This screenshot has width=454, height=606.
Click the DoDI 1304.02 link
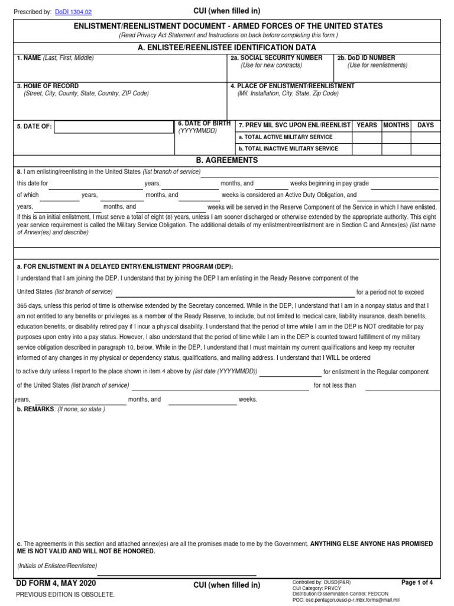click(73, 11)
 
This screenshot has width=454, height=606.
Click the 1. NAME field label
click(29, 58)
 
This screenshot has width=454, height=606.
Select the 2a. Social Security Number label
click(276, 58)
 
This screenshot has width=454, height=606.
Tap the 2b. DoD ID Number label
click(366, 58)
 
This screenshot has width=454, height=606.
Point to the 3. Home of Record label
click(47, 86)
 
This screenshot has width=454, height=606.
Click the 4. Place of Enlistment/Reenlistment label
click(292, 86)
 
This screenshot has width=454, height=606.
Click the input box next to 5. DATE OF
click(113, 127)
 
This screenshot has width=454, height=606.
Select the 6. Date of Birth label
click(205, 123)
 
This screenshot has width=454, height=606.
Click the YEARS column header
click(367, 125)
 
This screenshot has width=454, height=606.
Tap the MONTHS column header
click(396, 125)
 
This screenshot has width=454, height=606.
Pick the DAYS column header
click(426, 125)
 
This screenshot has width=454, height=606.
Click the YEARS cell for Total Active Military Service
click(367, 137)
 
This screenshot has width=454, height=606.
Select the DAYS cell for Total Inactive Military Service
click(426, 149)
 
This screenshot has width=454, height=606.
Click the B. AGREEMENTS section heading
click(227, 160)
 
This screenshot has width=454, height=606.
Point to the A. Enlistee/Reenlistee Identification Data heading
click(227, 47)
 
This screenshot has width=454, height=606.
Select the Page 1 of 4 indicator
click(417, 583)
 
